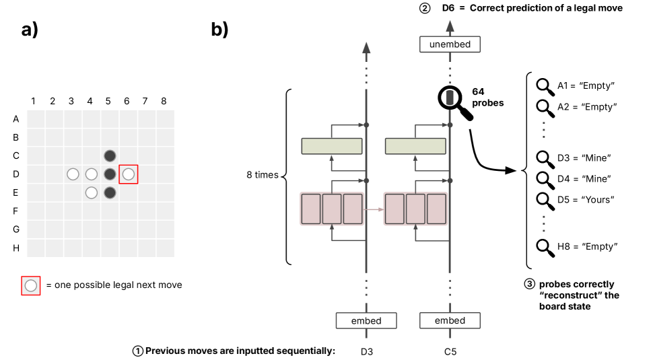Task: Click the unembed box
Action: click(450, 44)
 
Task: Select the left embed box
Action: click(366, 320)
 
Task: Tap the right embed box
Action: click(450, 320)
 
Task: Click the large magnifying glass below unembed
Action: click(451, 99)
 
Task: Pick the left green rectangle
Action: click(332, 146)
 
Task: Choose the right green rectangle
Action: click(415, 146)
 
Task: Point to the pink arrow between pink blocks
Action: click(374, 209)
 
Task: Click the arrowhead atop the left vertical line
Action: click(366, 47)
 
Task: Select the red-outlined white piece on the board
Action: click(129, 174)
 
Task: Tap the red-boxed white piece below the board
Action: click(31, 286)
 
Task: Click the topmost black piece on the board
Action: click(110, 156)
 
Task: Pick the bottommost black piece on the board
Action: click(110, 193)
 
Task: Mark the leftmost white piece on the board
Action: click(73, 174)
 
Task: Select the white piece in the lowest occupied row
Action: click(92, 193)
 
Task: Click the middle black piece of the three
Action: click(110, 174)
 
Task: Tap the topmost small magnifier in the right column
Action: click(543, 85)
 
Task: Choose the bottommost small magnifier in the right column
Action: click(543, 246)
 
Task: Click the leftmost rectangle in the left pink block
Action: click(311, 209)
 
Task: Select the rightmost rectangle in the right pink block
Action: click(436, 209)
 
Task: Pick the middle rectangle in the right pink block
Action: click(415, 209)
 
